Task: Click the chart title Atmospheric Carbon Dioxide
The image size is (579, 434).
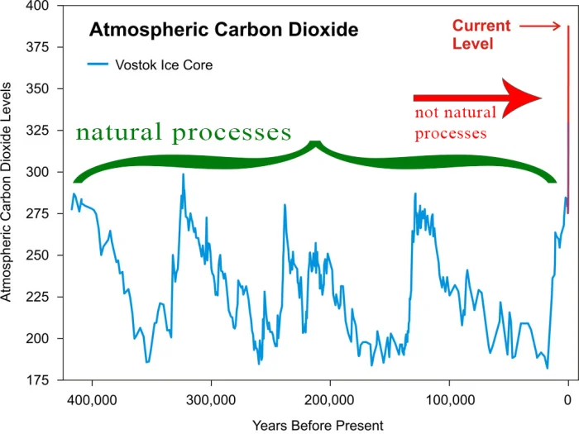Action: click(223, 31)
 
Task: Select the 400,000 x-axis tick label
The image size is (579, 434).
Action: click(91, 400)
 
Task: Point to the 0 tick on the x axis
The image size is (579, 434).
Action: click(567, 400)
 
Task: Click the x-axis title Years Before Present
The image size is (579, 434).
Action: click(318, 425)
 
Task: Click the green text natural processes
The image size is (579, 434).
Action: click(184, 132)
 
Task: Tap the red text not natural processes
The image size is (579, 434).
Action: click(455, 122)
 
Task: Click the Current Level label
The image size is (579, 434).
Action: click(481, 35)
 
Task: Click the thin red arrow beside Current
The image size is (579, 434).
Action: click(540, 26)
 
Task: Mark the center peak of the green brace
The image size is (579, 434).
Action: click(314, 145)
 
